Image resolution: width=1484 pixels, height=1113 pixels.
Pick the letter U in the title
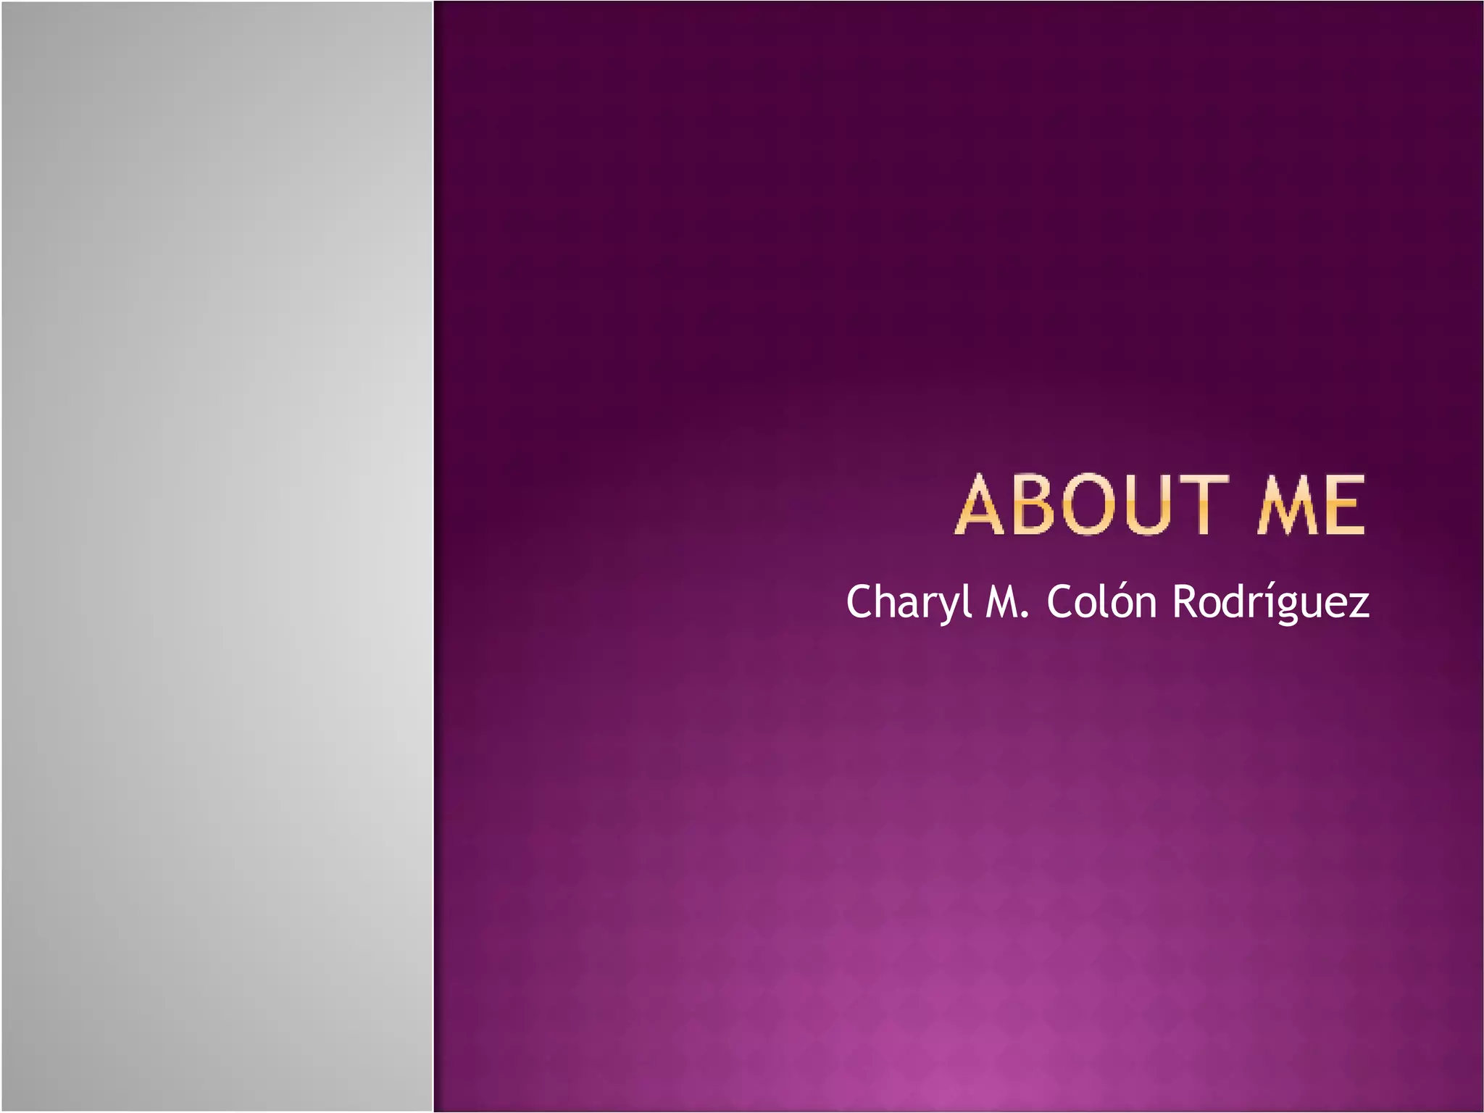pyautogui.click(x=1150, y=505)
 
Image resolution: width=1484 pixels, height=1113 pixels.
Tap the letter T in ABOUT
pyautogui.click(x=1204, y=505)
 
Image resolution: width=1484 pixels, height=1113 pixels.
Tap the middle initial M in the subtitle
pyautogui.click(x=1001, y=601)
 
